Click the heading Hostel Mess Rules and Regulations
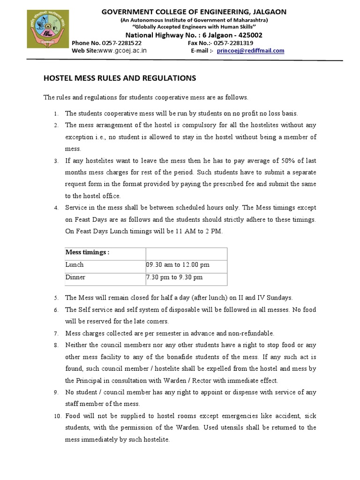click(x=120, y=78)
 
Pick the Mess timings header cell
click(x=88, y=252)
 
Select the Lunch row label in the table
click(x=75, y=265)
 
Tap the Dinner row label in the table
click(x=75, y=277)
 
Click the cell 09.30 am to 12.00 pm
click(x=178, y=265)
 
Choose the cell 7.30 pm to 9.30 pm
click(x=174, y=277)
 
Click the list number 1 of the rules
click(x=55, y=114)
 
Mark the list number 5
click(x=55, y=298)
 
